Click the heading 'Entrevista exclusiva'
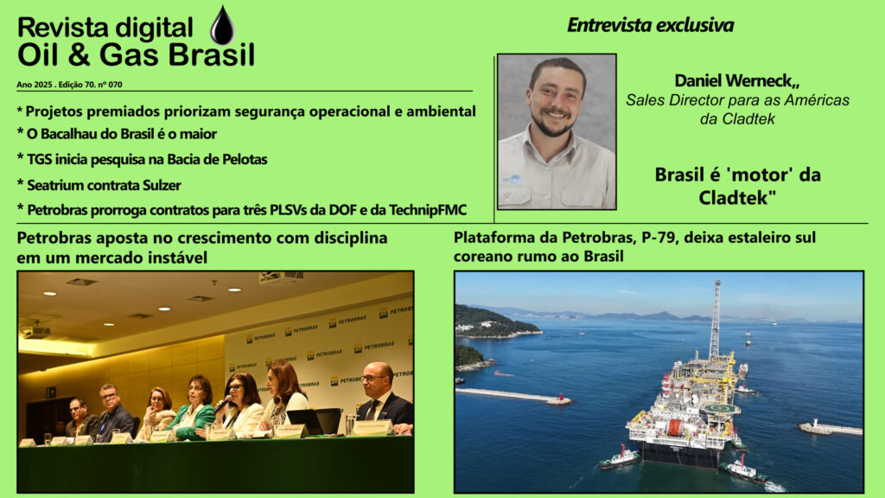click(650, 25)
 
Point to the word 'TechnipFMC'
click(428, 210)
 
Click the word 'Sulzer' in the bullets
click(162, 185)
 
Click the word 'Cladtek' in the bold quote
click(734, 198)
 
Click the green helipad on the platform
click(723, 409)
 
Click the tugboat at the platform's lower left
click(619, 458)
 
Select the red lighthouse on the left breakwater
click(559, 399)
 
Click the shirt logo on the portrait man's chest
click(513, 181)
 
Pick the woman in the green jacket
click(194, 409)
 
